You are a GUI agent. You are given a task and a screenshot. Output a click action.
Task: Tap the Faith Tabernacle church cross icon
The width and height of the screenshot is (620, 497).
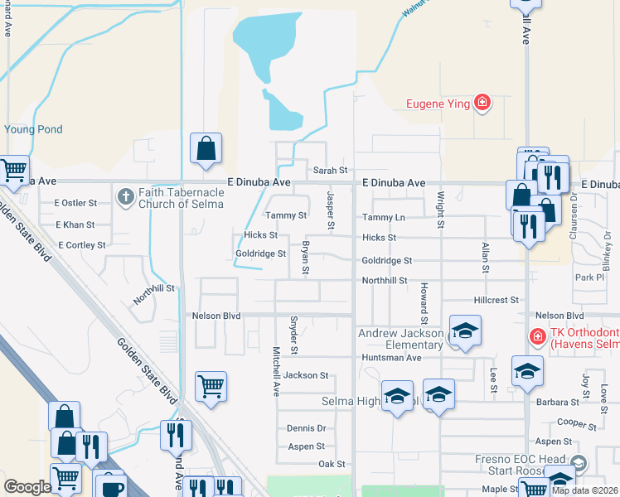pyautogui.click(x=126, y=197)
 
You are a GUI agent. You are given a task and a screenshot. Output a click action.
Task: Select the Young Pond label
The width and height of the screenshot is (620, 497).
pyautogui.click(x=33, y=129)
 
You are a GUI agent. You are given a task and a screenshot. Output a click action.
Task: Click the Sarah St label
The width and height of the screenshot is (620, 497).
pyautogui.click(x=330, y=171)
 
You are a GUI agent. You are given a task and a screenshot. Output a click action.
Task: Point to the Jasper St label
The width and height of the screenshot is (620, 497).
pyautogui.click(x=330, y=210)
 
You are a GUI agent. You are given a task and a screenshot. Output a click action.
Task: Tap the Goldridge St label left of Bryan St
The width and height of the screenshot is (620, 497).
pyautogui.click(x=260, y=253)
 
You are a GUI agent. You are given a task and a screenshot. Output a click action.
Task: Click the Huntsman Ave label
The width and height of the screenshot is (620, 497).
pyautogui.click(x=391, y=358)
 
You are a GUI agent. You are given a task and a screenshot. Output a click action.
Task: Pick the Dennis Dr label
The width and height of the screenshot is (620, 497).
pyautogui.click(x=306, y=428)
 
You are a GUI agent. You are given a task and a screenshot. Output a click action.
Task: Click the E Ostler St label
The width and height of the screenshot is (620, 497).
pyautogui.click(x=75, y=203)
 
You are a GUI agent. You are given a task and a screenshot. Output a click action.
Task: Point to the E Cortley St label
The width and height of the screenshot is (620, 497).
pyautogui.click(x=81, y=245)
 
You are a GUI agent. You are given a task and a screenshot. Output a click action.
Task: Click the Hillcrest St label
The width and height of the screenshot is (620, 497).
pyautogui.click(x=496, y=300)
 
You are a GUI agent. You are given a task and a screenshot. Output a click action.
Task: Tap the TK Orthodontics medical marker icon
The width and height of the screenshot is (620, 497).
pyautogui.click(x=537, y=336)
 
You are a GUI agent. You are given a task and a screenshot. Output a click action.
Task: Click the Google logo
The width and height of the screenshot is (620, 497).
pyautogui.click(x=27, y=487)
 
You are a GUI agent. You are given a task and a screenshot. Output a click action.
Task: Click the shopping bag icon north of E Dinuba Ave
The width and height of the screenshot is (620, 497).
pyautogui.click(x=206, y=148)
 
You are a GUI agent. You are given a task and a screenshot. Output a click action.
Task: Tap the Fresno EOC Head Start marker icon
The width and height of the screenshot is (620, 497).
pyautogui.click(x=579, y=462)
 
